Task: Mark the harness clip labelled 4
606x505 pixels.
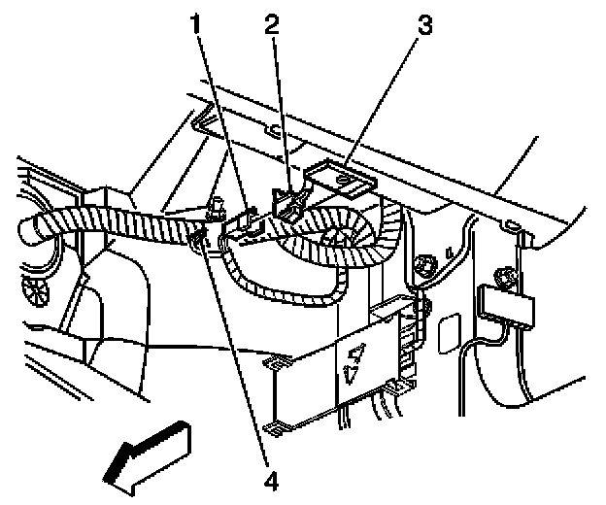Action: [201, 236]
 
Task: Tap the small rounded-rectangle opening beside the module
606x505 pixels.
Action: [448, 336]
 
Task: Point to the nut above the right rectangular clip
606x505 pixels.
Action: [503, 276]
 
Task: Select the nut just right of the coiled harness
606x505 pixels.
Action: [423, 264]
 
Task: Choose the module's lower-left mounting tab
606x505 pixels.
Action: [282, 424]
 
